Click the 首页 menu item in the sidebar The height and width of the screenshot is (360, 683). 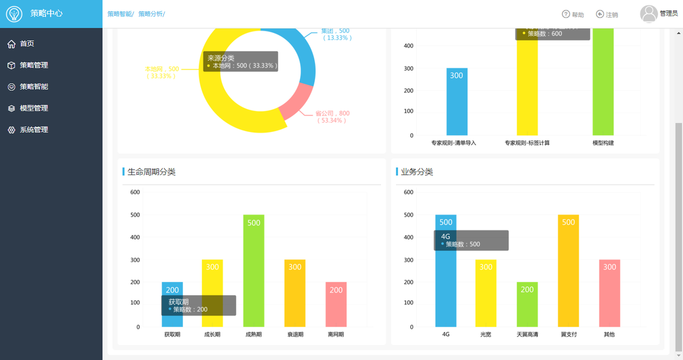click(x=27, y=44)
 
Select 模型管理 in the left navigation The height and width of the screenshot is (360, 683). click(x=34, y=109)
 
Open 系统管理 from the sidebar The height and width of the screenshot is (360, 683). click(x=34, y=130)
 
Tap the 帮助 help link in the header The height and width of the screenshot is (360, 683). click(x=573, y=14)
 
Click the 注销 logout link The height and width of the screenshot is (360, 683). click(x=607, y=14)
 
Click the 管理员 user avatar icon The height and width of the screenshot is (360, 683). click(x=649, y=13)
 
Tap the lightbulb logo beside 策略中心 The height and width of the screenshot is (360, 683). click(x=14, y=14)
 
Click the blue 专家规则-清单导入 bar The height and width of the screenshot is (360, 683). click(x=457, y=101)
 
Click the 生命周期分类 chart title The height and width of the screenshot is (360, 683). click(x=151, y=172)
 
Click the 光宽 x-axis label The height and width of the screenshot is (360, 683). click(x=486, y=334)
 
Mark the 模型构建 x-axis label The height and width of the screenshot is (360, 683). click(x=603, y=143)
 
